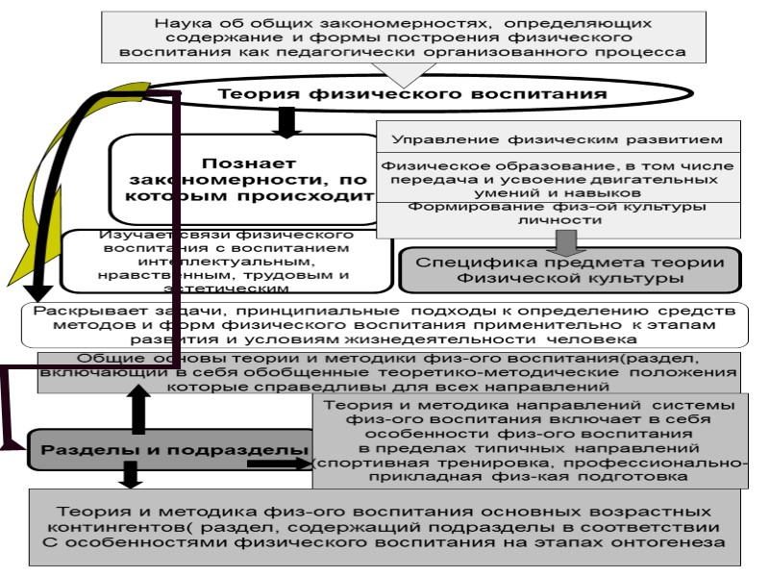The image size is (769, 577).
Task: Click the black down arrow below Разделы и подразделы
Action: pos(126,477)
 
